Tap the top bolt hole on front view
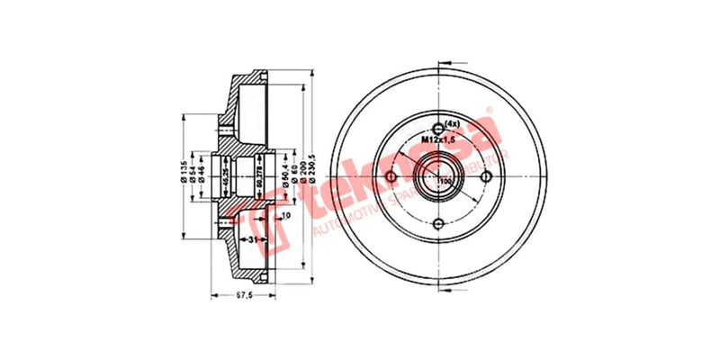439,127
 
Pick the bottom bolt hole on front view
439,225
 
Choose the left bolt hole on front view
391,176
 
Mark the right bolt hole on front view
488,176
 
